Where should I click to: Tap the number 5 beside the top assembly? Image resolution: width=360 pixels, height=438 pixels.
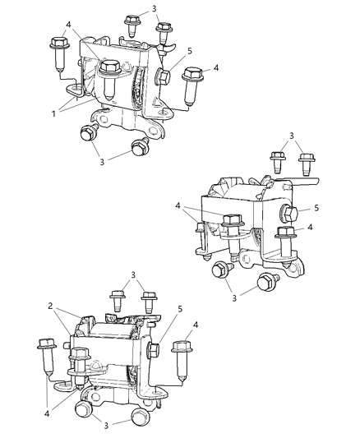pyautogui.click(x=190, y=49)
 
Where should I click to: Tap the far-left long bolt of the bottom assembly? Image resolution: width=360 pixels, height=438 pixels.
pyautogui.click(x=45, y=357)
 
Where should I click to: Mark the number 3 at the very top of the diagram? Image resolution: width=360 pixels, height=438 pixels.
pyautogui.click(x=154, y=8)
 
